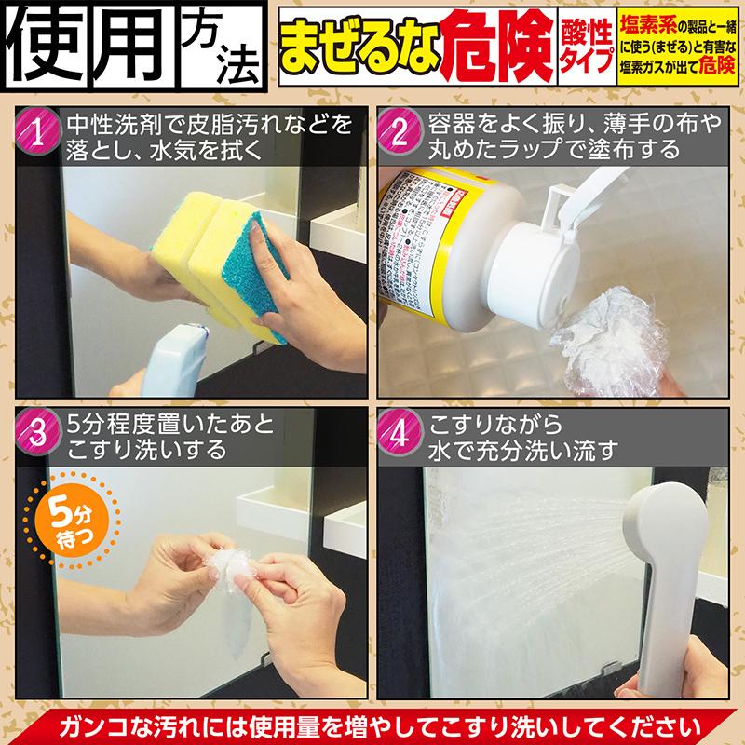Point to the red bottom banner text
click(x=372, y=724)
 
